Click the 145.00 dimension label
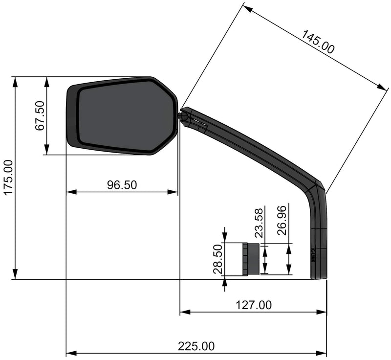pos(318,42)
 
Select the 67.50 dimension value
pos(40,115)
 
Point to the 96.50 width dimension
pos(122,184)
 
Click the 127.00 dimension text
pos(253,305)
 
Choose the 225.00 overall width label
pos(196,346)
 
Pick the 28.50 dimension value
pos(218,260)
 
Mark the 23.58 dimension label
pos(259,223)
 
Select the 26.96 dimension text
pos(282,221)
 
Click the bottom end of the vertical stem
pos(319,276)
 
